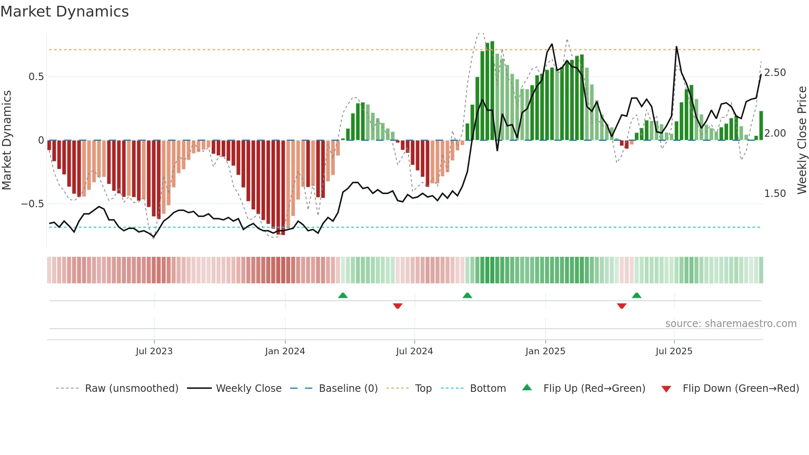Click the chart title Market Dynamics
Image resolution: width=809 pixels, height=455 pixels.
pos(64,12)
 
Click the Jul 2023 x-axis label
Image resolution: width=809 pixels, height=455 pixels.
pos(154,351)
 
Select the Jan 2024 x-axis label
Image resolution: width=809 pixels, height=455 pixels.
pos(285,351)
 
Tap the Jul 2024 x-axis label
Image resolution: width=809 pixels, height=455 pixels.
pos(414,351)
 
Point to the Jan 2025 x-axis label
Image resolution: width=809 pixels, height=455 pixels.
pos(545,351)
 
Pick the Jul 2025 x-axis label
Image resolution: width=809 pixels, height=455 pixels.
pos(674,351)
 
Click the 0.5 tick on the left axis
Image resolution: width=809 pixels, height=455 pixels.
pos(36,77)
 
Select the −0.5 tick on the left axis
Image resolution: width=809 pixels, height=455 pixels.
pos(33,204)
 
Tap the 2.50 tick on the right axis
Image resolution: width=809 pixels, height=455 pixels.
pos(775,73)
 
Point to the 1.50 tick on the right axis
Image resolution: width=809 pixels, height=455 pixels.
pos(775,194)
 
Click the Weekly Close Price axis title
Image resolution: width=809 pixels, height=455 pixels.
pos(802,140)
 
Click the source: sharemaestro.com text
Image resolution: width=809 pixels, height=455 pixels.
pos(731,324)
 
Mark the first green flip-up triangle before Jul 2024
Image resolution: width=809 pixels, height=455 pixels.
pos(343,295)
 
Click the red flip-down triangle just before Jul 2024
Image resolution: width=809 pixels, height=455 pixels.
pos(397,306)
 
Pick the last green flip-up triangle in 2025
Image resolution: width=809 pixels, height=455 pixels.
pos(636,295)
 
